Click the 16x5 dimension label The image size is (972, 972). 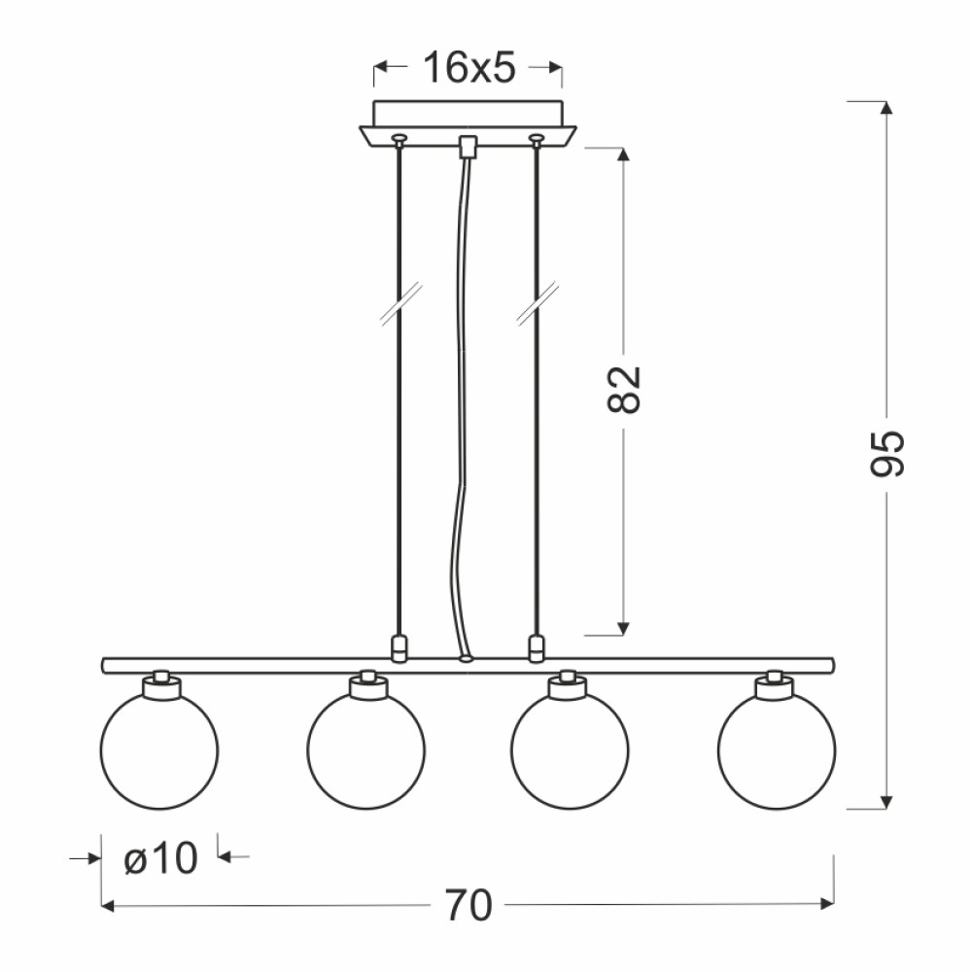coord(469,67)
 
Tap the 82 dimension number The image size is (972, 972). coord(623,390)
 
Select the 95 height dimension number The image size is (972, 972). coord(887,453)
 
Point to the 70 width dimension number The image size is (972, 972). coord(469,906)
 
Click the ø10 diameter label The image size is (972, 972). coord(160,858)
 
